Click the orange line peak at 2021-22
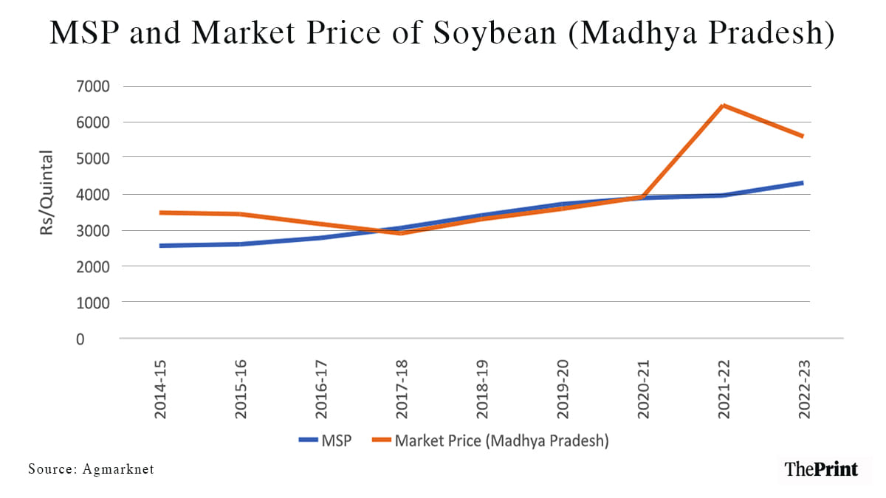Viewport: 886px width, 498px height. tap(724, 106)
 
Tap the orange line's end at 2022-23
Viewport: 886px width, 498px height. tap(804, 136)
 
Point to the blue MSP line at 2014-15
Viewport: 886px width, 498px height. tap(161, 246)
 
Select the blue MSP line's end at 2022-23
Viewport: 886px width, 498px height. tap(804, 182)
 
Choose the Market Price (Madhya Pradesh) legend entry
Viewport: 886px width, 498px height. tap(501, 441)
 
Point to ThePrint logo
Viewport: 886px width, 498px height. tap(821, 468)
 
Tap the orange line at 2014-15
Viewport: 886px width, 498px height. tap(161, 212)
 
